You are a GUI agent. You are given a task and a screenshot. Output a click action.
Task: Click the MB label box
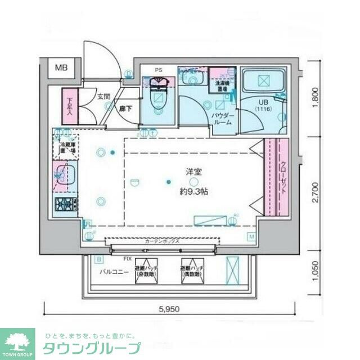[61, 68]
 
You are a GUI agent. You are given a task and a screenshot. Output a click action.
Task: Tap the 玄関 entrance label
[103, 97]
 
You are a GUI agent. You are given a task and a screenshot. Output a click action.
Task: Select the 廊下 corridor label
[125, 109]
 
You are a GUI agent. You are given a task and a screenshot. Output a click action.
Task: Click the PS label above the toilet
[159, 70]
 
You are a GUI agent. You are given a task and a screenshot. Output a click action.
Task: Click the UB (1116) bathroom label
[262, 105]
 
